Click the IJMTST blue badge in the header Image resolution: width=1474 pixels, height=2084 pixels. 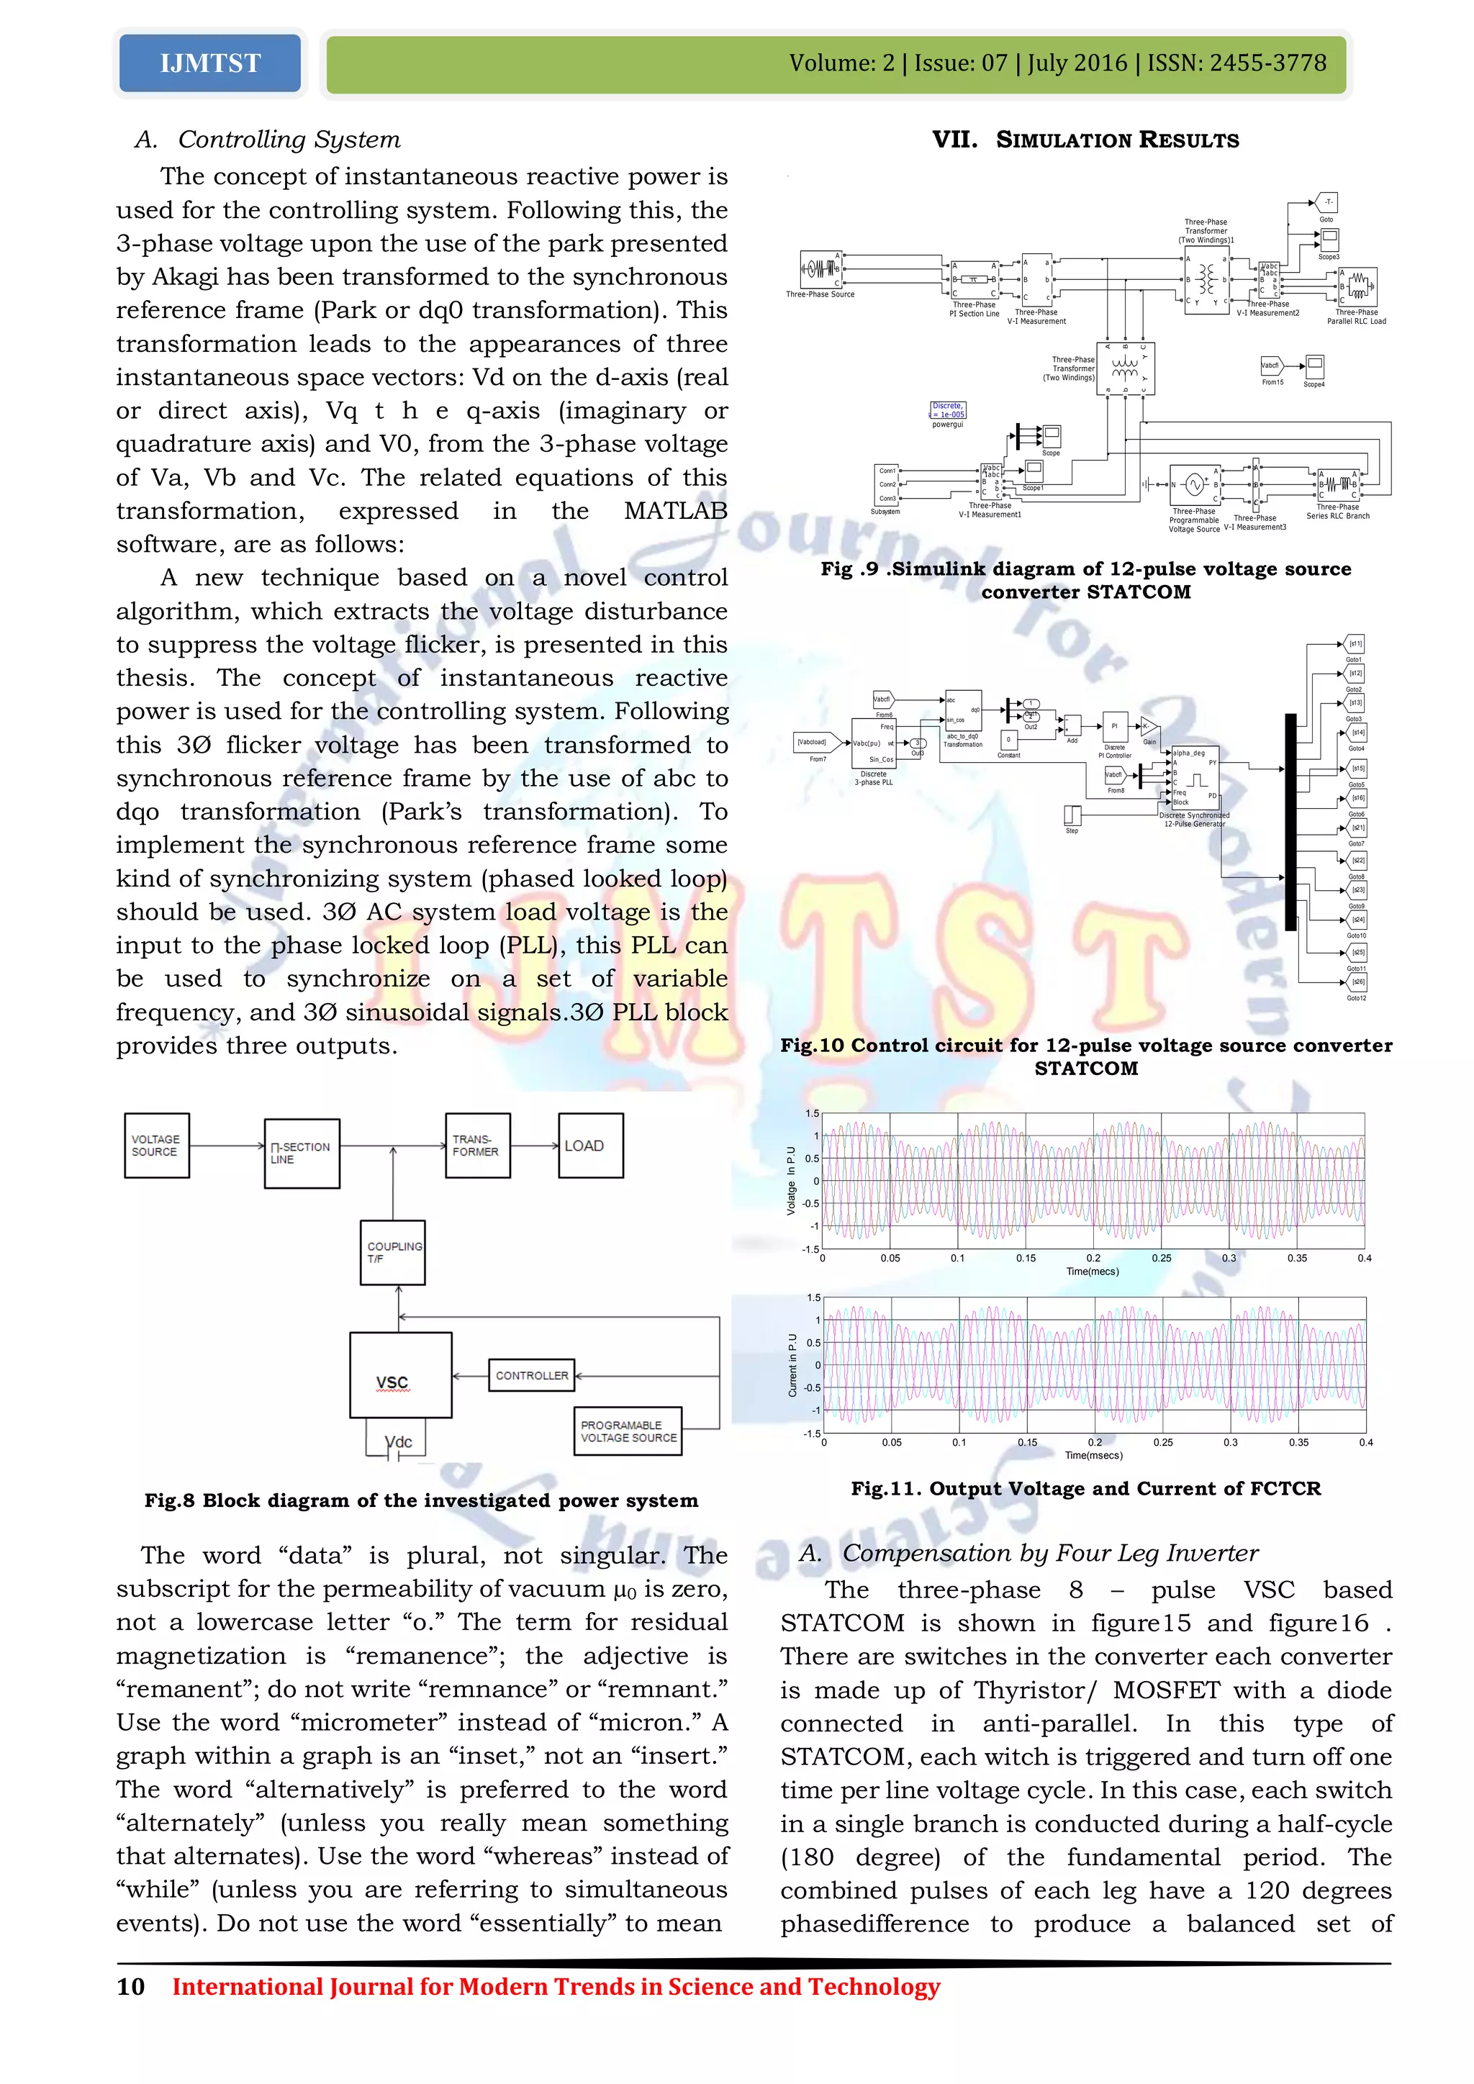(209, 63)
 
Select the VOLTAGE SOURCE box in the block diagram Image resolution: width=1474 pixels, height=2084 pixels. (157, 1146)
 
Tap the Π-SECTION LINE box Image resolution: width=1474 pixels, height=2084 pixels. (302, 1153)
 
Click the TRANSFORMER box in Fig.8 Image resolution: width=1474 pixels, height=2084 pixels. (477, 1146)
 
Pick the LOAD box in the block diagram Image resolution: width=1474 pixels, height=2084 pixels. (590, 1146)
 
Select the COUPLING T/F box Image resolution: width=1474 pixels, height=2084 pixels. (393, 1253)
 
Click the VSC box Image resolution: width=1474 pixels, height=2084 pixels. (400, 1375)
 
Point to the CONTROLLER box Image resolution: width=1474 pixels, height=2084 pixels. (531, 1376)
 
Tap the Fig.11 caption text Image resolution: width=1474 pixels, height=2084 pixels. (1085, 1489)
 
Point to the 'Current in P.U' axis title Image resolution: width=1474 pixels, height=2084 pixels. (792, 1365)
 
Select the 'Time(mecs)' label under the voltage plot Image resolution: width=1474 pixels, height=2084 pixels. (1092, 1272)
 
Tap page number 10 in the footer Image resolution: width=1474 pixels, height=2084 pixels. (131, 1987)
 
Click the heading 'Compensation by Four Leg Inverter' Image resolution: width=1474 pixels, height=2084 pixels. (1049, 1553)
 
